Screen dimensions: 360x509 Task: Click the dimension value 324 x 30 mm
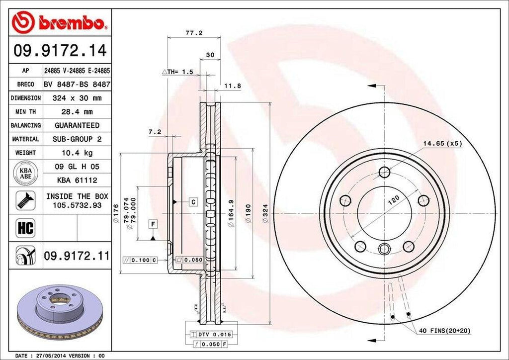click(x=77, y=98)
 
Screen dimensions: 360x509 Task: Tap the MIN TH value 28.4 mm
click(x=77, y=112)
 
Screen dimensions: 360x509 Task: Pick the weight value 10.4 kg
click(x=77, y=153)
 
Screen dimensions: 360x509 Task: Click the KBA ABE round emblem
click(x=25, y=173)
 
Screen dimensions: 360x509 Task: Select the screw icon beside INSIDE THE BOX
click(x=25, y=200)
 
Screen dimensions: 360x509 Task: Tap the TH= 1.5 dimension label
click(x=178, y=72)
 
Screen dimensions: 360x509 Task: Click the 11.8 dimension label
click(x=232, y=86)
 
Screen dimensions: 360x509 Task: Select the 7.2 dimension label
click(x=155, y=132)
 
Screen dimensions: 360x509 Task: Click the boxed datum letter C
click(x=193, y=201)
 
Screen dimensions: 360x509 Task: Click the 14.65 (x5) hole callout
click(x=441, y=143)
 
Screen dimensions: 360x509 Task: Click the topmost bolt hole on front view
click(x=384, y=173)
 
